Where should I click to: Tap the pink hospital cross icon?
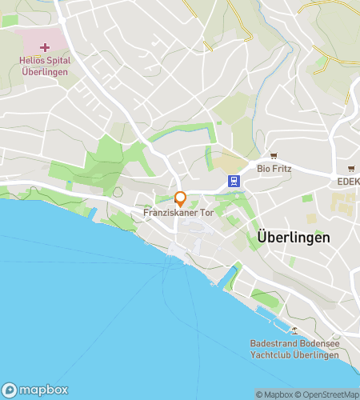point(45,47)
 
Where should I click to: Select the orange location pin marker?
point(181,198)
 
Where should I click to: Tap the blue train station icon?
point(234,182)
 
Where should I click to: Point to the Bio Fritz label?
point(274,169)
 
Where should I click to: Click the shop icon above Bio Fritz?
point(274,156)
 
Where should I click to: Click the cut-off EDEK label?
point(348,182)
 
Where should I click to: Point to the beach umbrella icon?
point(294,330)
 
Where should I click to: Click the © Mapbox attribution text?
point(274,394)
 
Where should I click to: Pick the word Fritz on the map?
point(281,169)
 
